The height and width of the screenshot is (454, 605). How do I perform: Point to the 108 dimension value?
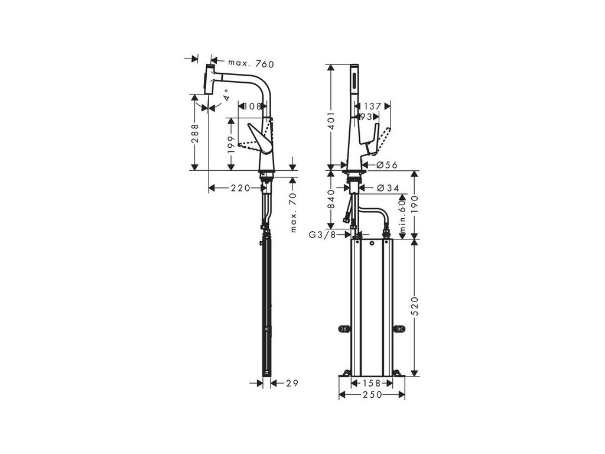[x=252, y=107]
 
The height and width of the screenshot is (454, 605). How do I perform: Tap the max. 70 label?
[x=294, y=213]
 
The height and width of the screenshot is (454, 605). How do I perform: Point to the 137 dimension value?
[x=372, y=107]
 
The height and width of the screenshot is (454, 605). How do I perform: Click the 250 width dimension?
[x=371, y=394]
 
